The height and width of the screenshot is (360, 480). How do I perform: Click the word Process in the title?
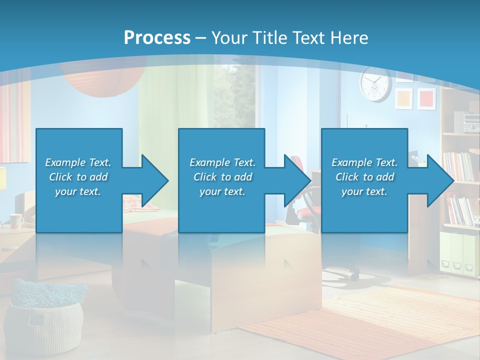[x=157, y=37]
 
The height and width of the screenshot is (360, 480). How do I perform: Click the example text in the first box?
[x=78, y=177]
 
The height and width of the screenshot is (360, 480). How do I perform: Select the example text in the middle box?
[x=222, y=177]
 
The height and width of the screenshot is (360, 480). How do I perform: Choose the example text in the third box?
[x=364, y=177]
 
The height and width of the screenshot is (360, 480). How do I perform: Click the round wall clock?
[x=375, y=84]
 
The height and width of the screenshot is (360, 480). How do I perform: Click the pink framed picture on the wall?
[x=426, y=98]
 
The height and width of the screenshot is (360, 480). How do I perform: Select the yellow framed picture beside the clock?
[x=404, y=98]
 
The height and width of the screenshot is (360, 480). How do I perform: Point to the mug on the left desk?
[x=16, y=220]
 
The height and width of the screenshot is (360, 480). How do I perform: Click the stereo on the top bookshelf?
[x=466, y=121]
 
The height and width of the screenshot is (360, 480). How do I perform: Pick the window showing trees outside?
[x=235, y=95]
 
